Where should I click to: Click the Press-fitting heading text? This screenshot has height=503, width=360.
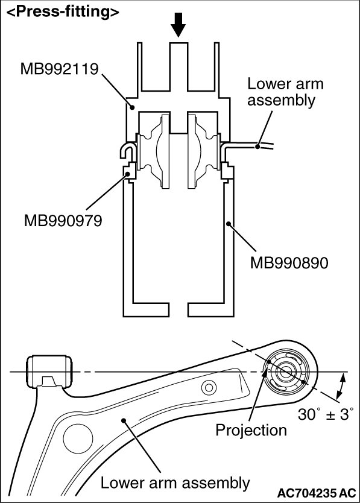(63, 12)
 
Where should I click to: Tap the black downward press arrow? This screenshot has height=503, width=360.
(178, 25)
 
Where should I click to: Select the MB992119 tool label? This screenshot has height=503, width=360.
(59, 69)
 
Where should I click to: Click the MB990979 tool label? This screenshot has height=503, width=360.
(63, 220)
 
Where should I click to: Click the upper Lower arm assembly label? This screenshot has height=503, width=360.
(285, 92)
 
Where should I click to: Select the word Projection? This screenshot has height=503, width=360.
(251, 430)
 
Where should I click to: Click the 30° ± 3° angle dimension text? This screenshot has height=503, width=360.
(326, 414)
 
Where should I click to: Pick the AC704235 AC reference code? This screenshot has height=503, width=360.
(317, 492)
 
